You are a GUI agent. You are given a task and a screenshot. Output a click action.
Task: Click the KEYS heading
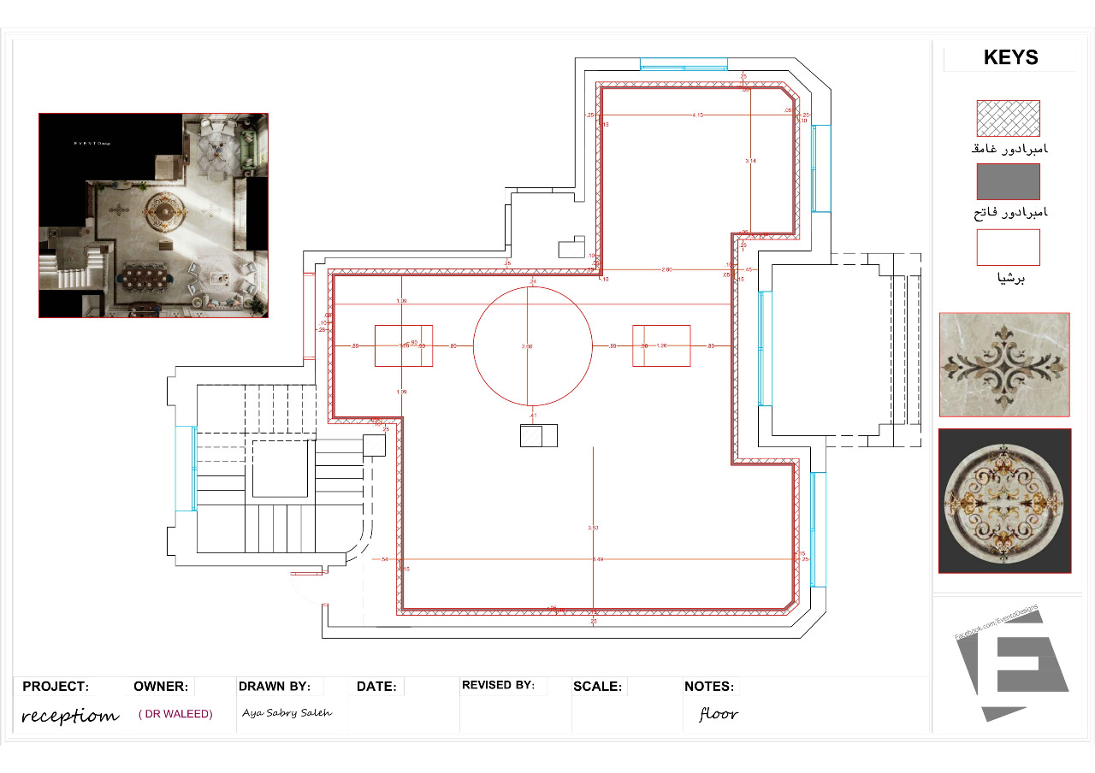tap(1010, 57)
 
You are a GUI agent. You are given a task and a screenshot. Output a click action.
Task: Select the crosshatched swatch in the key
tap(1008, 119)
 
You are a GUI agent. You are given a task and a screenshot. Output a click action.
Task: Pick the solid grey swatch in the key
tap(1008, 181)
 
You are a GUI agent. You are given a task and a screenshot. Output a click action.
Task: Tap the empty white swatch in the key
tap(1008, 247)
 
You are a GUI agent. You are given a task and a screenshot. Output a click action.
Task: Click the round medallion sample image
tap(1004, 500)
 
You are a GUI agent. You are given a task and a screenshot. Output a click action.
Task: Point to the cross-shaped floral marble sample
tap(1004, 364)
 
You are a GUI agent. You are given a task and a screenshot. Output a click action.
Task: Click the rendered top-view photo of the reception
tap(153, 215)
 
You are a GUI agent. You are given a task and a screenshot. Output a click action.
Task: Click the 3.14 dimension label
tap(750, 161)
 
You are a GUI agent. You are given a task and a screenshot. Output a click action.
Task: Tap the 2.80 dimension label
tap(667, 269)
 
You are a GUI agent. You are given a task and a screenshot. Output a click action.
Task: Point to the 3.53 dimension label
tap(593, 528)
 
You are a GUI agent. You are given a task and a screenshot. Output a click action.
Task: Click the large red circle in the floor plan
tap(532, 346)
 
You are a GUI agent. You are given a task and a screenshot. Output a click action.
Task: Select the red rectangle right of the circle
tap(661, 345)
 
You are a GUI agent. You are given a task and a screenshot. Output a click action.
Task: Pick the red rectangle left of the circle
tap(404, 345)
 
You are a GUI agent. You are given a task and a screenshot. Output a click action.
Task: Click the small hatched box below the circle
tap(539, 435)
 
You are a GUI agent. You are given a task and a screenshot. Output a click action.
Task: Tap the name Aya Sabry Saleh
tap(287, 712)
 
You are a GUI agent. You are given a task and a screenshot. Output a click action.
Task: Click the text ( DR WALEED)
tap(175, 713)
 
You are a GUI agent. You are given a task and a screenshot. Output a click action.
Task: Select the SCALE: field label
tap(598, 687)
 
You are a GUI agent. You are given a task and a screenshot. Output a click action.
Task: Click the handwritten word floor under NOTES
tap(718, 714)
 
